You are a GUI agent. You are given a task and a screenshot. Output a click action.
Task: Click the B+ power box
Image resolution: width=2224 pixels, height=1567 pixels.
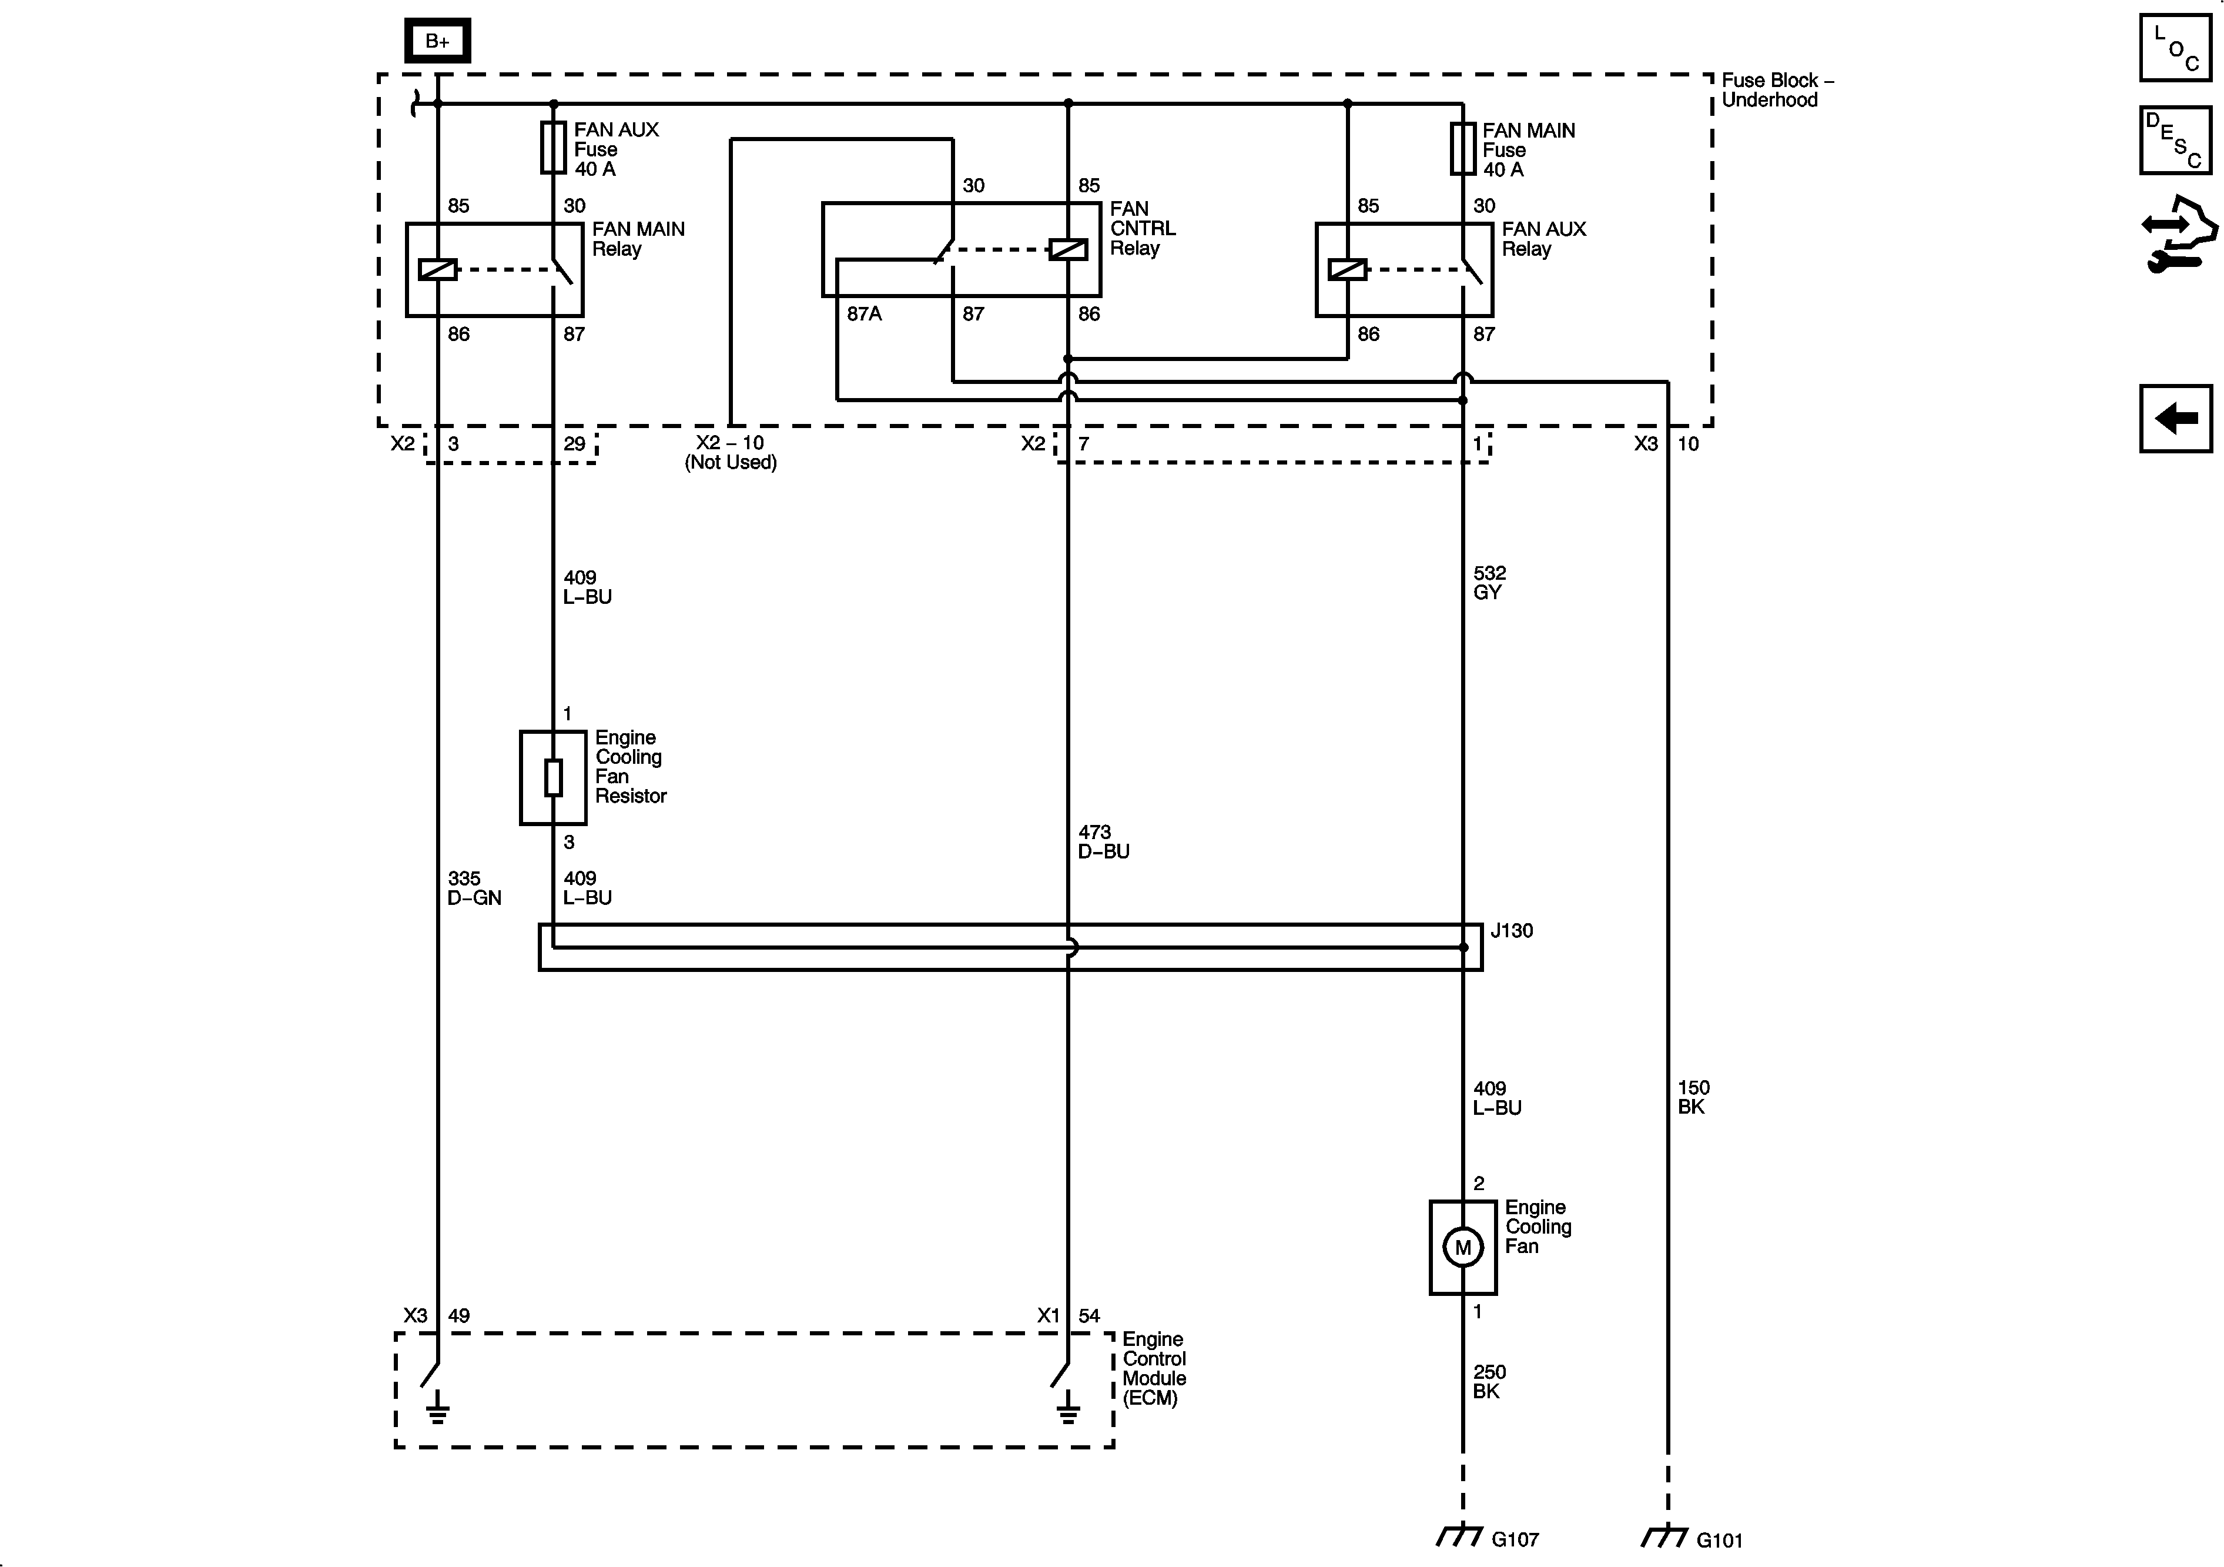point(437,41)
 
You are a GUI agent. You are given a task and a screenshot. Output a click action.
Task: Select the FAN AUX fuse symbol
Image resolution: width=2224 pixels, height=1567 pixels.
point(553,148)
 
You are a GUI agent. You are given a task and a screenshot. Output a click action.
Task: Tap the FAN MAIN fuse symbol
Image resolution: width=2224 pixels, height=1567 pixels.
point(1463,148)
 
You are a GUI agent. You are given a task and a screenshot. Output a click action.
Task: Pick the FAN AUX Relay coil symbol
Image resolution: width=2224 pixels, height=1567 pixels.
point(1347,269)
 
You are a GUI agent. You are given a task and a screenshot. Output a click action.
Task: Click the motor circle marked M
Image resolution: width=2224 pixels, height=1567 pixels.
point(1463,1247)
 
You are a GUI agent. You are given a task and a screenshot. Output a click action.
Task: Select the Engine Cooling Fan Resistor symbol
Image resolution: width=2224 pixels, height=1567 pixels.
point(553,777)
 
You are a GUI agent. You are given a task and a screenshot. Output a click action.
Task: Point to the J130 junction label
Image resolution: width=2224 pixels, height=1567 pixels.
point(1511,930)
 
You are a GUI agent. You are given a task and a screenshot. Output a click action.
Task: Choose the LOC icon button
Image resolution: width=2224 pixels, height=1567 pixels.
point(2176,48)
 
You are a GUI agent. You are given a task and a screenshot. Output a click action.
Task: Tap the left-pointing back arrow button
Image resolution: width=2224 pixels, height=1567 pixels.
point(2176,419)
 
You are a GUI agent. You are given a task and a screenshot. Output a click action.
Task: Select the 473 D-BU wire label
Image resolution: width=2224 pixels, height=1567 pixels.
point(1103,841)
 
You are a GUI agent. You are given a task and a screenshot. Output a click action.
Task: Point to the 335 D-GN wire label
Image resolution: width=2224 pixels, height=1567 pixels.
point(474,888)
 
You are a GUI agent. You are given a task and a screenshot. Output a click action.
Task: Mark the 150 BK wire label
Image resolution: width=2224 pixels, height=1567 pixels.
point(1693,1097)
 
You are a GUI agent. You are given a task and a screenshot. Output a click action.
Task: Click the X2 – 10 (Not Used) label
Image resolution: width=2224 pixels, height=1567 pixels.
point(731,453)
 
